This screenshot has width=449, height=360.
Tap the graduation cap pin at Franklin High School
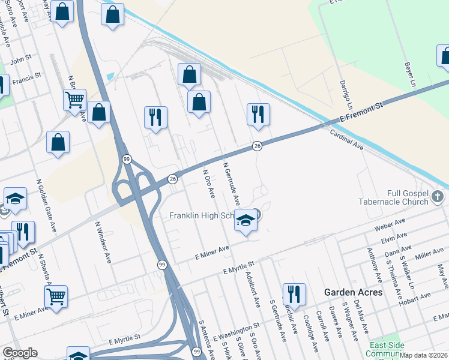246,221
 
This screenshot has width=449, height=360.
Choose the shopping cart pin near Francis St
74,100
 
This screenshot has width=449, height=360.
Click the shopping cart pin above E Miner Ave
56,296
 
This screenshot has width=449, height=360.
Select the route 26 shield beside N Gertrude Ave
257,146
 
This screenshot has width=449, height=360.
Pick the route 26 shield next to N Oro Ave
173,179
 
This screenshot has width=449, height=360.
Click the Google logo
20,353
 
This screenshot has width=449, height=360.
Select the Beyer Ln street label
410,76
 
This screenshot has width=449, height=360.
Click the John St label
20,59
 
